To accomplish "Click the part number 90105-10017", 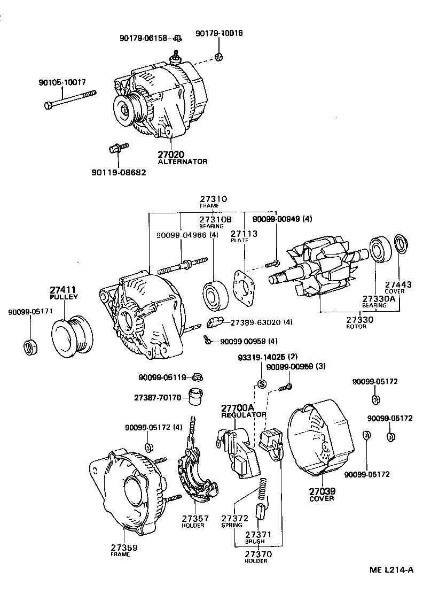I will pyautogui.click(x=62, y=83).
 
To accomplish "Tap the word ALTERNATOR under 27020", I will pyautogui.click(x=182, y=161).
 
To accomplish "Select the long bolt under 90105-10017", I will pyautogui.click(x=70, y=99).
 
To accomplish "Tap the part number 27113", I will pyautogui.click(x=244, y=234).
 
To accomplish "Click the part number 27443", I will pyautogui.click(x=398, y=284).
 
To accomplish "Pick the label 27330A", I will pyautogui.click(x=378, y=298).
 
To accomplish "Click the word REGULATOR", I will pyautogui.click(x=244, y=415).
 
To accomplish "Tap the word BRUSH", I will pyautogui.click(x=255, y=541).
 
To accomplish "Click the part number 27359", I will pyautogui.click(x=124, y=547).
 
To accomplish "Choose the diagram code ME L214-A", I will pyautogui.click(x=391, y=569).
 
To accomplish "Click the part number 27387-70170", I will pyautogui.click(x=158, y=398).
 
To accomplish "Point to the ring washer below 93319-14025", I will pyautogui.click(x=262, y=383).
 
